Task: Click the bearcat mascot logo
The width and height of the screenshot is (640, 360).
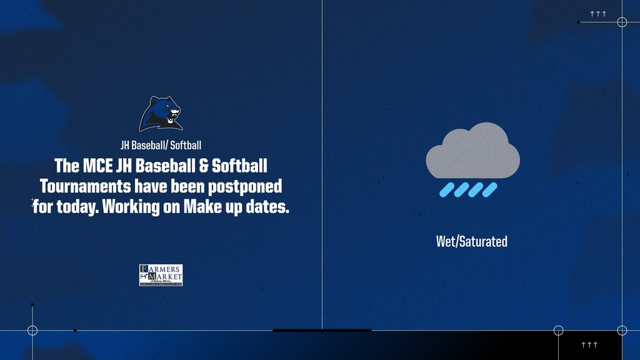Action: (161, 114)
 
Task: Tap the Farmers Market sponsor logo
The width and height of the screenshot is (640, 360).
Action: (161, 275)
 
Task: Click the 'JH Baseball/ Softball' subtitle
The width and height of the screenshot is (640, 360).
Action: (161, 146)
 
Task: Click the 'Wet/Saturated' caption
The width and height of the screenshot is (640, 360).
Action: (472, 241)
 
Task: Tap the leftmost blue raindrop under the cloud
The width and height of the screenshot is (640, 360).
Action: (446, 189)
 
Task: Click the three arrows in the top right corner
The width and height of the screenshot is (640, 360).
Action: (598, 13)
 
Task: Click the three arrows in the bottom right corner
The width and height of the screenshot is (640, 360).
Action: (589, 345)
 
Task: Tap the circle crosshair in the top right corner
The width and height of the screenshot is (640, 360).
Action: (622, 22)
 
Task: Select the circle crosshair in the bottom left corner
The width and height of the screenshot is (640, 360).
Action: (32, 330)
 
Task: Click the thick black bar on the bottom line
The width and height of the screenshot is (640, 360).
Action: (322, 330)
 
